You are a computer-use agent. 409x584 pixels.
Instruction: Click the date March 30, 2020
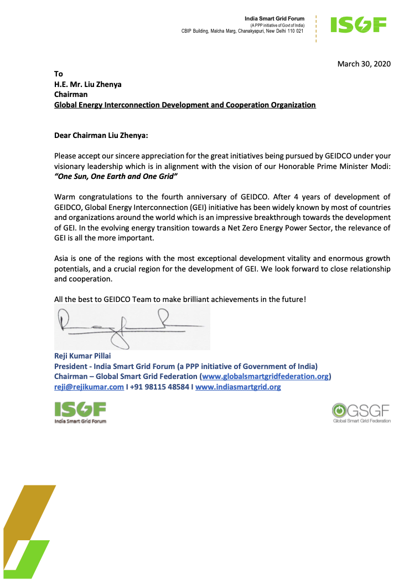click(x=364, y=64)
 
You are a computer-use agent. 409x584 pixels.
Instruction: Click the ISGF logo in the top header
click(x=358, y=25)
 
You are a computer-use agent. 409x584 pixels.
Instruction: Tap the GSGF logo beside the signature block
click(x=361, y=413)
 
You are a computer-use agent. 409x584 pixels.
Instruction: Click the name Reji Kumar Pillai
click(x=82, y=356)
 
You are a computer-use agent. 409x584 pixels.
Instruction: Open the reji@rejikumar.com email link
click(x=89, y=387)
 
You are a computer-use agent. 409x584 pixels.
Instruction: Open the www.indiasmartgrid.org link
click(x=238, y=387)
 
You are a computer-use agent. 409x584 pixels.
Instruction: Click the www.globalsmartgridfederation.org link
click(x=266, y=377)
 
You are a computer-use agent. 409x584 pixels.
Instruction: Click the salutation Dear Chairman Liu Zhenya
click(x=101, y=135)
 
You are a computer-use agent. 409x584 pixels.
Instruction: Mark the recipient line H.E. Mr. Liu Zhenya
click(x=87, y=84)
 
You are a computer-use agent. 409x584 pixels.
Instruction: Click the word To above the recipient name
click(x=59, y=74)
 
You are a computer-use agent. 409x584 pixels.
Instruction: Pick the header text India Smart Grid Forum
click(x=275, y=19)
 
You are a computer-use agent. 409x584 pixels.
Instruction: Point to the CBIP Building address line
click(x=242, y=31)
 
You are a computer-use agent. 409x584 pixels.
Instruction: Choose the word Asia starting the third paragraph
click(x=63, y=259)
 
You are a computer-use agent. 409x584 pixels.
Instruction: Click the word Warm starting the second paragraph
click(x=65, y=197)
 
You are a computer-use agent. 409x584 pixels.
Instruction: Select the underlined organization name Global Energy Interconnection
click(x=185, y=105)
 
